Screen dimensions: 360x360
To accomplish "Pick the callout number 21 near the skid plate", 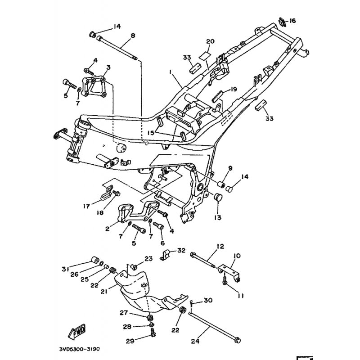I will (104, 291).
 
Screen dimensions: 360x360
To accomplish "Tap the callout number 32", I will (181, 250).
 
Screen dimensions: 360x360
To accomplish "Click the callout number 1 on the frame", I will (171, 72).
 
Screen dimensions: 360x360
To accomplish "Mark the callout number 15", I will (150, 133).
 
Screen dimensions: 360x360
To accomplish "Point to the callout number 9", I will (229, 168).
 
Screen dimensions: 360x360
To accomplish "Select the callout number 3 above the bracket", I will (108, 67).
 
